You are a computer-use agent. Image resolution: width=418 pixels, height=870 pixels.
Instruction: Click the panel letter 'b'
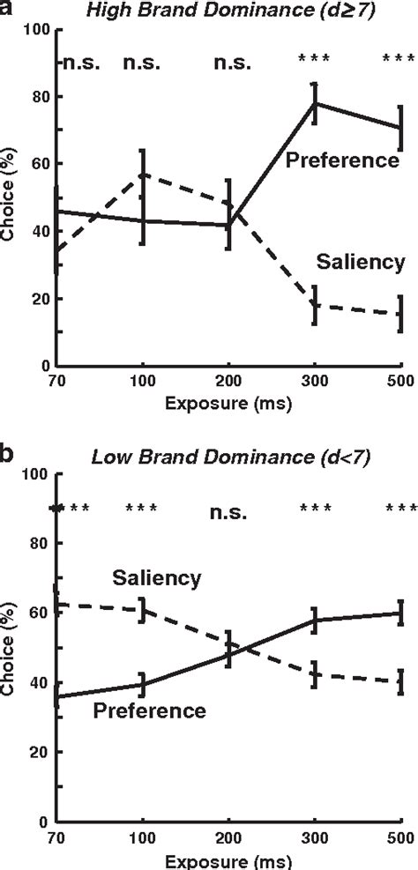(7, 454)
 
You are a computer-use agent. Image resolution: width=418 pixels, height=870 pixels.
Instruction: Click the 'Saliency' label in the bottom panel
(157, 577)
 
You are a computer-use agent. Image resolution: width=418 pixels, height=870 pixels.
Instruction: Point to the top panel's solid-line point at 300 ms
(315, 103)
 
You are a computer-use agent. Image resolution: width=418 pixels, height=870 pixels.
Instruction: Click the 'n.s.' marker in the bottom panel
(228, 512)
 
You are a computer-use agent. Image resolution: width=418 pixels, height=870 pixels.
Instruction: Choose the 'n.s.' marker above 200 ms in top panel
(228, 63)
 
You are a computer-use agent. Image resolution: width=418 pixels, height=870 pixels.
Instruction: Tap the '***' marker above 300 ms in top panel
(314, 60)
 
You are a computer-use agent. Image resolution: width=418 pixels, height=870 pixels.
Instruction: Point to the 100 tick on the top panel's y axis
(35, 29)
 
